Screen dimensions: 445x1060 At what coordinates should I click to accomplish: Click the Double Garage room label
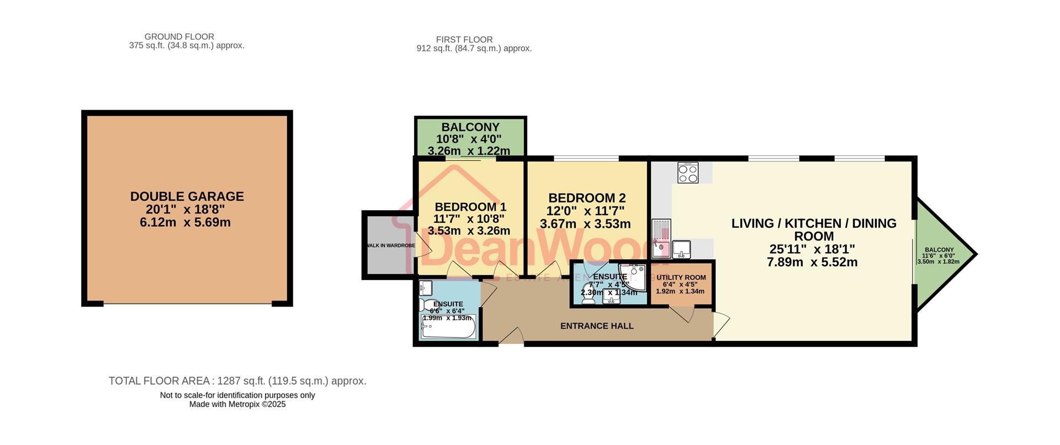(x=187, y=196)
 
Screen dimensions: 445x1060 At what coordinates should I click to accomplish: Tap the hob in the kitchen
(x=688, y=173)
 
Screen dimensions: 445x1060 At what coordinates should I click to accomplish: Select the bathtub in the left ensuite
(x=448, y=330)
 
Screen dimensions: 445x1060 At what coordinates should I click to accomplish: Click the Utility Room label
(x=681, y=277)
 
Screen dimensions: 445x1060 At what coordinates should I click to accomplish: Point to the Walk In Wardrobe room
(x=389, y=245)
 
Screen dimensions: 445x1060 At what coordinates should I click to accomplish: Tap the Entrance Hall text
(x=597, y=326)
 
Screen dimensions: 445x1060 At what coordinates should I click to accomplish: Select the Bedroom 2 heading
(x=586, y=197)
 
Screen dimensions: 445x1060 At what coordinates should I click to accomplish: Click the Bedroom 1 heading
(x=470, y=207)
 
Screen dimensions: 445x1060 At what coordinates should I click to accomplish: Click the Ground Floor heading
(x=179, y=37)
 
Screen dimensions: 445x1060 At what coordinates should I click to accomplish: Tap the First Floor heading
(x=464, y=40)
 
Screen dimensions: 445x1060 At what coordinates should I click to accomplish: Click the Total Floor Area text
(x=237, y=381)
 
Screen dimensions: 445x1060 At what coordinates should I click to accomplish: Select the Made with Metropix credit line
(x=237, y=404)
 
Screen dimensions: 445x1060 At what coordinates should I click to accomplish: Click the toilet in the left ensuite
(x=428, y=305)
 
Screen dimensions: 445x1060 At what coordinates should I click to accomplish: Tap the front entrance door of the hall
(x=511, y=337)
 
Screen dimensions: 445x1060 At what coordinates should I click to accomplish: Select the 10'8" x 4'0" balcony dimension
(x=469, y=139)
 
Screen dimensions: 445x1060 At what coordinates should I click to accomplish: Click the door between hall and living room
(x=720, y=325)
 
